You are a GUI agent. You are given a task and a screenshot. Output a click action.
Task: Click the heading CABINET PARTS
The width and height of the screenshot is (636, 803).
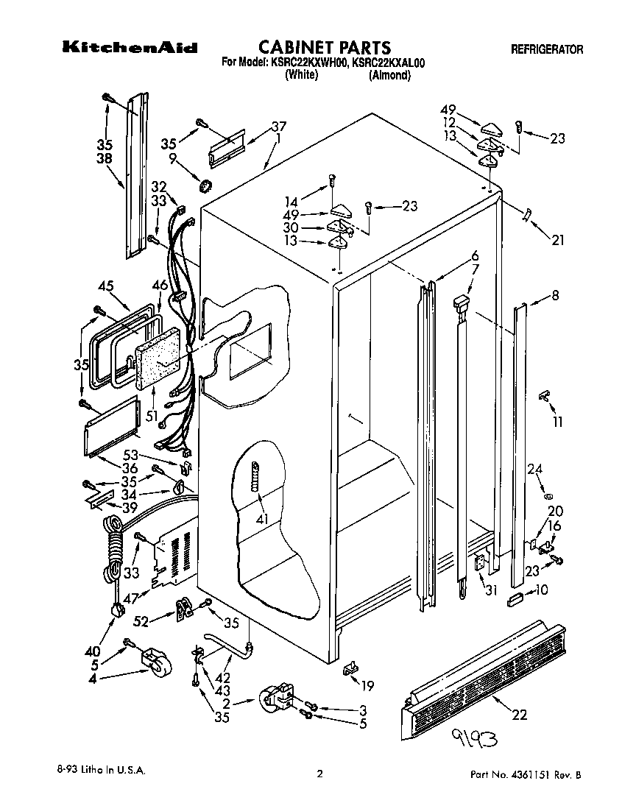tap(324, 49)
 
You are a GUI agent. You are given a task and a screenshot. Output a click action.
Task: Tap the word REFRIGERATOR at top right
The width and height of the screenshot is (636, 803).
tap(546, 50)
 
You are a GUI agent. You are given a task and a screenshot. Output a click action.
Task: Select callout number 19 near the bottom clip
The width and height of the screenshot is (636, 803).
tap(367, 687)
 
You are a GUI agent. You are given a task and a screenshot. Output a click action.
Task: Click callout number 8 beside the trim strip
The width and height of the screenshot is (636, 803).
tap(555, 297)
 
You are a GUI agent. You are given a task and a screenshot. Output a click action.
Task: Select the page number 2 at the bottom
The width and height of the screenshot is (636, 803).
tap(319, 774)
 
